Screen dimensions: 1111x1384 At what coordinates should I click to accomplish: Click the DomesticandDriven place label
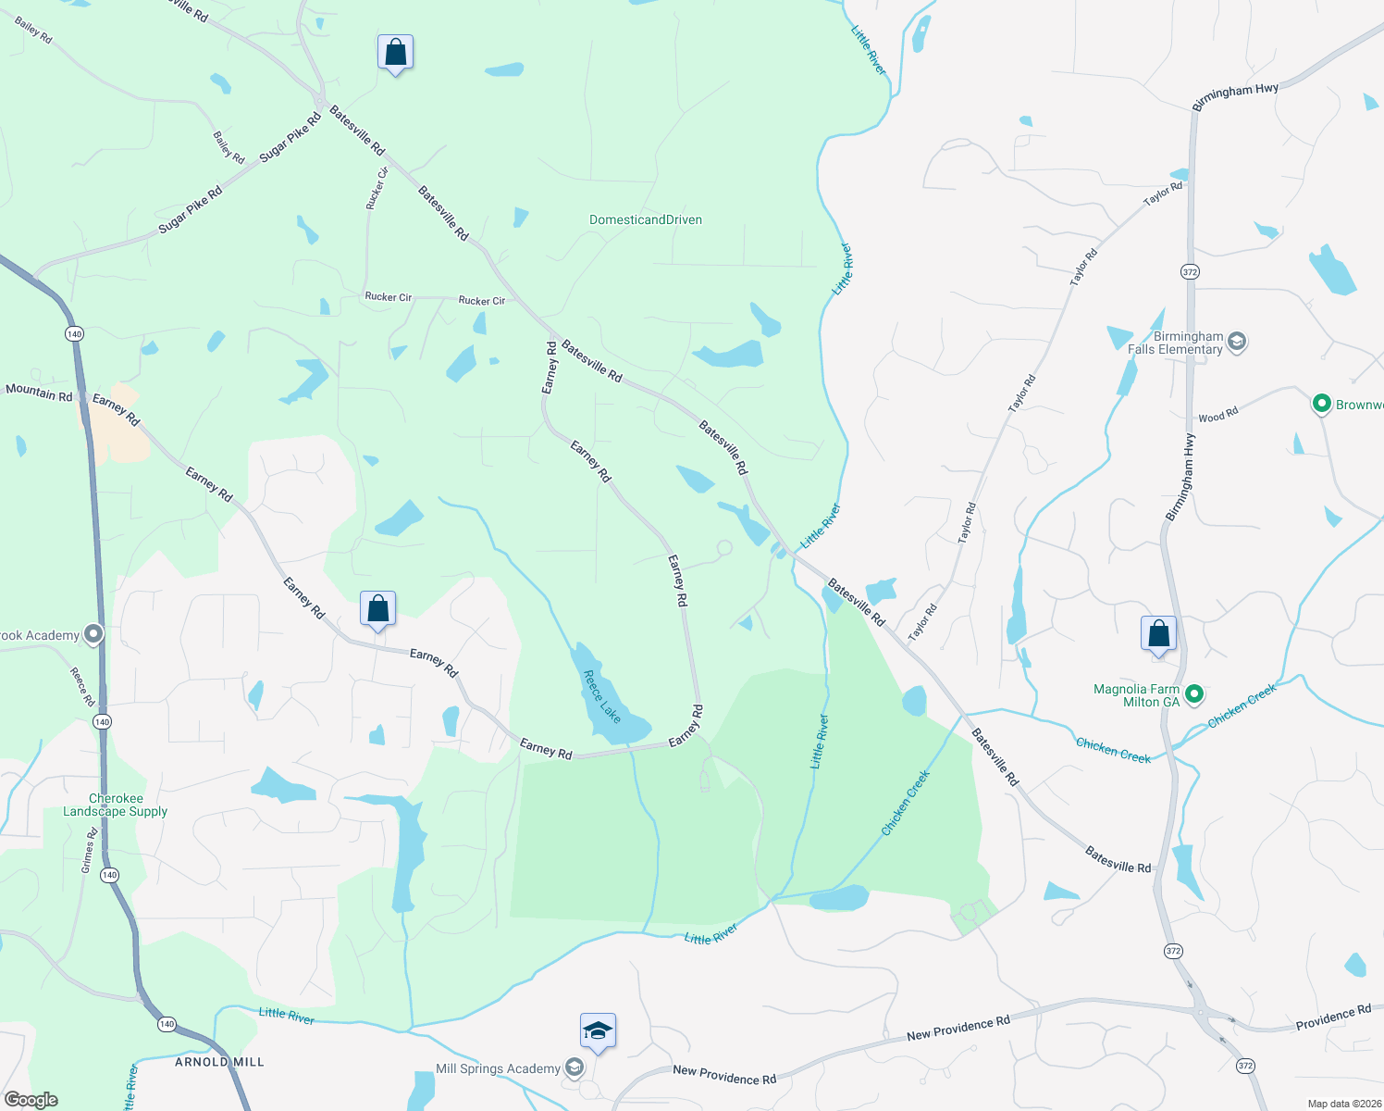point(646,220)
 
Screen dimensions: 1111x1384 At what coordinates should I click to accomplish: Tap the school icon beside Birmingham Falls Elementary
point(1237,342)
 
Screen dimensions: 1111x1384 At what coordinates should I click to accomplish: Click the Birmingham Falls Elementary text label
point(1176,343)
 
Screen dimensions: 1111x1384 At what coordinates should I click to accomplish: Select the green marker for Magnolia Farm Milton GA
point(1194,693)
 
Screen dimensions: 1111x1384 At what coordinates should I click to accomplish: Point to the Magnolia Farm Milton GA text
point(1137,695)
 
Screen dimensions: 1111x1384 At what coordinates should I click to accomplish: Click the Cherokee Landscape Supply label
point(116,805)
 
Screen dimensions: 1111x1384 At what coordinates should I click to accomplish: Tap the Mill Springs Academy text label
point(498,1068)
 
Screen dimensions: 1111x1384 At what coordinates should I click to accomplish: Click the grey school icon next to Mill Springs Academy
point(575,1068)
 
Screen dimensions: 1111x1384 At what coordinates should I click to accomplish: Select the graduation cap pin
point(598,1031)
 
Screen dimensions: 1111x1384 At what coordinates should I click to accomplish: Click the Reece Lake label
point(602,696)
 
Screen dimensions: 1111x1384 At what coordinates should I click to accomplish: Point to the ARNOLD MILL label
point(219,1062)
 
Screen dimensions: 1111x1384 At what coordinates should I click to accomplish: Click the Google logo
point(31,1100)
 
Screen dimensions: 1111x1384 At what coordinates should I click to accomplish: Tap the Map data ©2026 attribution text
point(1341,1104)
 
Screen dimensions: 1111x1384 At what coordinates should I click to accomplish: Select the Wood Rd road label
point(1217,416)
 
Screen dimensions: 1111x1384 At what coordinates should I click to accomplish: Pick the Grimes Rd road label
point(89,851)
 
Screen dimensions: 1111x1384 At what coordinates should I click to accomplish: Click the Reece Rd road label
point(82,686)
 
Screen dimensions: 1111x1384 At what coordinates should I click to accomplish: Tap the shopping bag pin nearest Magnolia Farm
point(1158,635)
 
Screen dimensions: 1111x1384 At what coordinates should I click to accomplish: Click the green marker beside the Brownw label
point(1322,404)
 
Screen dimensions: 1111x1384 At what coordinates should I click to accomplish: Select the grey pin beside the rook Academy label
point(93,635)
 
